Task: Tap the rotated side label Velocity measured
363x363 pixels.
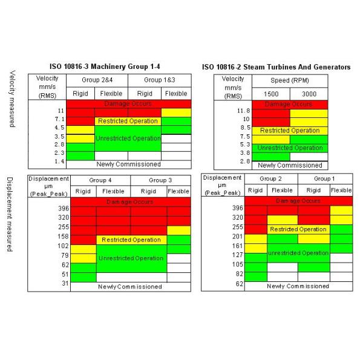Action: pyautogui.click(x=14, y=97)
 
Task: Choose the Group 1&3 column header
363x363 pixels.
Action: pyautogui.click(x=160, y=80)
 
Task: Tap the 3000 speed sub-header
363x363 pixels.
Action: pyautogui.click(x=309, y=94)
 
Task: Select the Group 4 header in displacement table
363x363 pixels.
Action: pyautogui.click(x=100, y=180)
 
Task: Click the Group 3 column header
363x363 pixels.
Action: pyautogui.click(x=160, y=180)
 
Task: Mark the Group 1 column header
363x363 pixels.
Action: pyautogui.click(x=322, y=178)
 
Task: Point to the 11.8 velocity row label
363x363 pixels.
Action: pyautogui.click(x=240, y=111)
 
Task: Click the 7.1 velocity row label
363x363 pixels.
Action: pyautogui.click(x=59, y=120)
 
